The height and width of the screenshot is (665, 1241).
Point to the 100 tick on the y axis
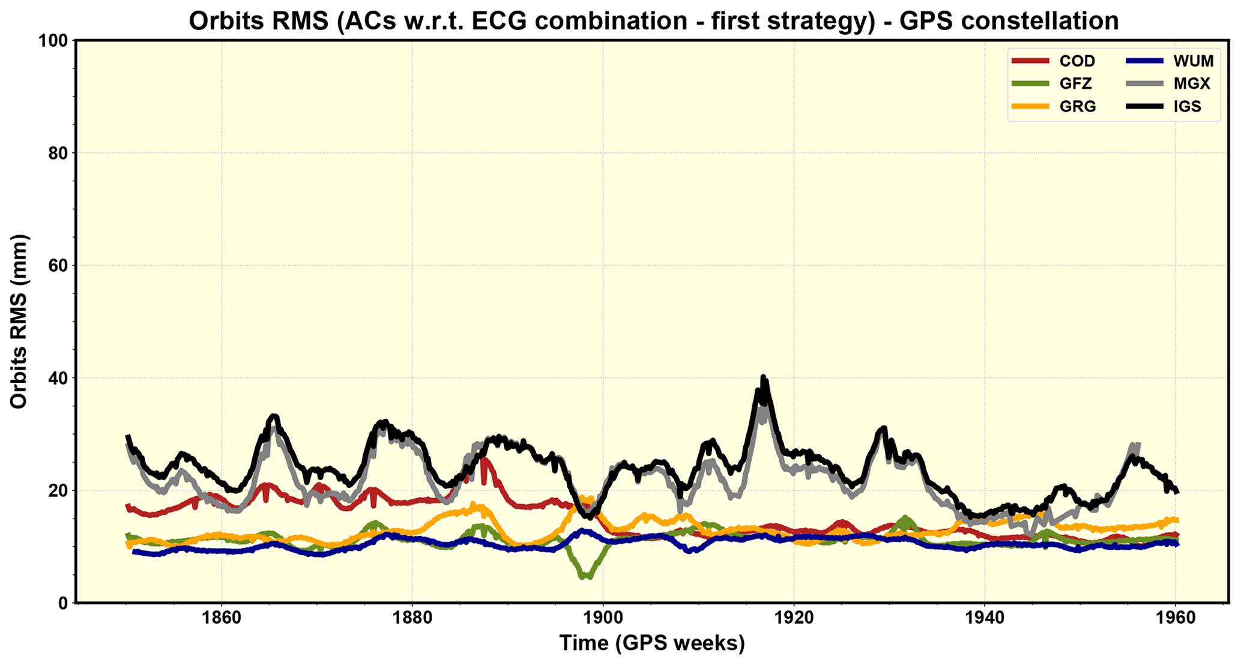pos(55,41)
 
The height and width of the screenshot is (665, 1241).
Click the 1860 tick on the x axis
pos(222,618)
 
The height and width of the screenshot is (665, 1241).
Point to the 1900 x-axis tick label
pos(603,618)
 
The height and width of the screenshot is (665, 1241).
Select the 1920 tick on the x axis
pos(794,618)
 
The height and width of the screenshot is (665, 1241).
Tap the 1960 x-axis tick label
pos(1175,618)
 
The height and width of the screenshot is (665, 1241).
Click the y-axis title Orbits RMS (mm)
pos(19,322)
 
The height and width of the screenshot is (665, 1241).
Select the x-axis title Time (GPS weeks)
pos(652,644)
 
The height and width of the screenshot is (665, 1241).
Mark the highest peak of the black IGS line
pos(763,377)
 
